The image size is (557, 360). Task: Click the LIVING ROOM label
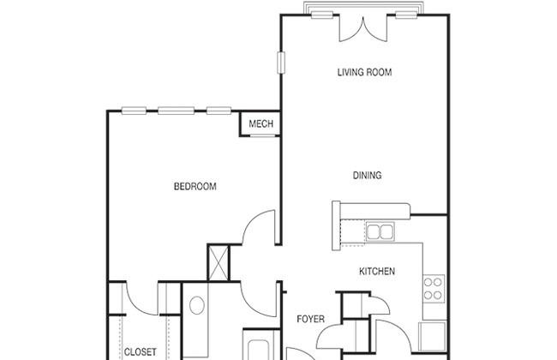click(x=364, y=72)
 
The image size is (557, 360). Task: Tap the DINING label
click(x=368, y=175)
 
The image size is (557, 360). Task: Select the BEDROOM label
click(x=195, y=186)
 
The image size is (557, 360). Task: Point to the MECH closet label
click(x=261, y=123)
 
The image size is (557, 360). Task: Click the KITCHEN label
click(x=377, y=271)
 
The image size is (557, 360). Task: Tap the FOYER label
click(x=310, y=319)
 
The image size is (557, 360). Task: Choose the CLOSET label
click(x=140, y=351)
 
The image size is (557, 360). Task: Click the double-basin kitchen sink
click(x=380, y=231)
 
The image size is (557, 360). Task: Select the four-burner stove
click(x=434, y=289)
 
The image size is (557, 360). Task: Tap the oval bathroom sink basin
click(x=197, y=305)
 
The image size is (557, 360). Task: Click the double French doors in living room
click(x=363, y=28)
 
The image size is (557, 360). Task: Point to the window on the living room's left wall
click(x=281, y=63)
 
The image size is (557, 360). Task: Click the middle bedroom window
click(x=177, y=111)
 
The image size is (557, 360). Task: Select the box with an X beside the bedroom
click(x=219, y=263)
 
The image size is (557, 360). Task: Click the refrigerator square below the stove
click(x=432, y=336)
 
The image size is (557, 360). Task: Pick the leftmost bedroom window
click(x=134, y=111)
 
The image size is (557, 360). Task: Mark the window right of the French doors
click(x=406, y=15)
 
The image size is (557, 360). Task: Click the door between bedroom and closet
click(x=141, y=298)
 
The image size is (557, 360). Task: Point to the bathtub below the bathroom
click(x=262, y=345)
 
